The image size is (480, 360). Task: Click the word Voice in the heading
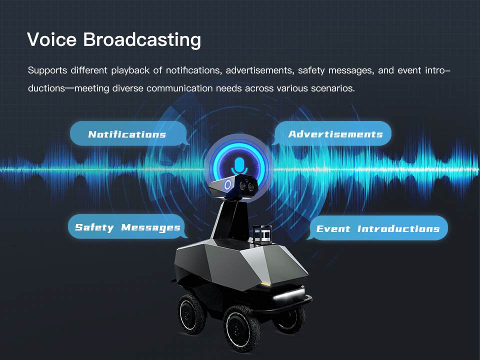point(51,39)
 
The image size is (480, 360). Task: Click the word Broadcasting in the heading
point(142,40)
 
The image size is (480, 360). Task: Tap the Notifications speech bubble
point(128,134)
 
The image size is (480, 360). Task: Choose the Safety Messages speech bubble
point(127,227)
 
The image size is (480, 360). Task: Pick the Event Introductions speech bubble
point(377,228)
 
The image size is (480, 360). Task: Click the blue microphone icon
point(239,166)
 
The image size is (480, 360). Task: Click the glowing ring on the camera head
point(228,185)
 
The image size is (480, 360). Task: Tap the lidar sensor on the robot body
point(262,234)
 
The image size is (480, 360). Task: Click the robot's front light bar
point(288,294)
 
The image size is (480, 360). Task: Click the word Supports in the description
point(47,70)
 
